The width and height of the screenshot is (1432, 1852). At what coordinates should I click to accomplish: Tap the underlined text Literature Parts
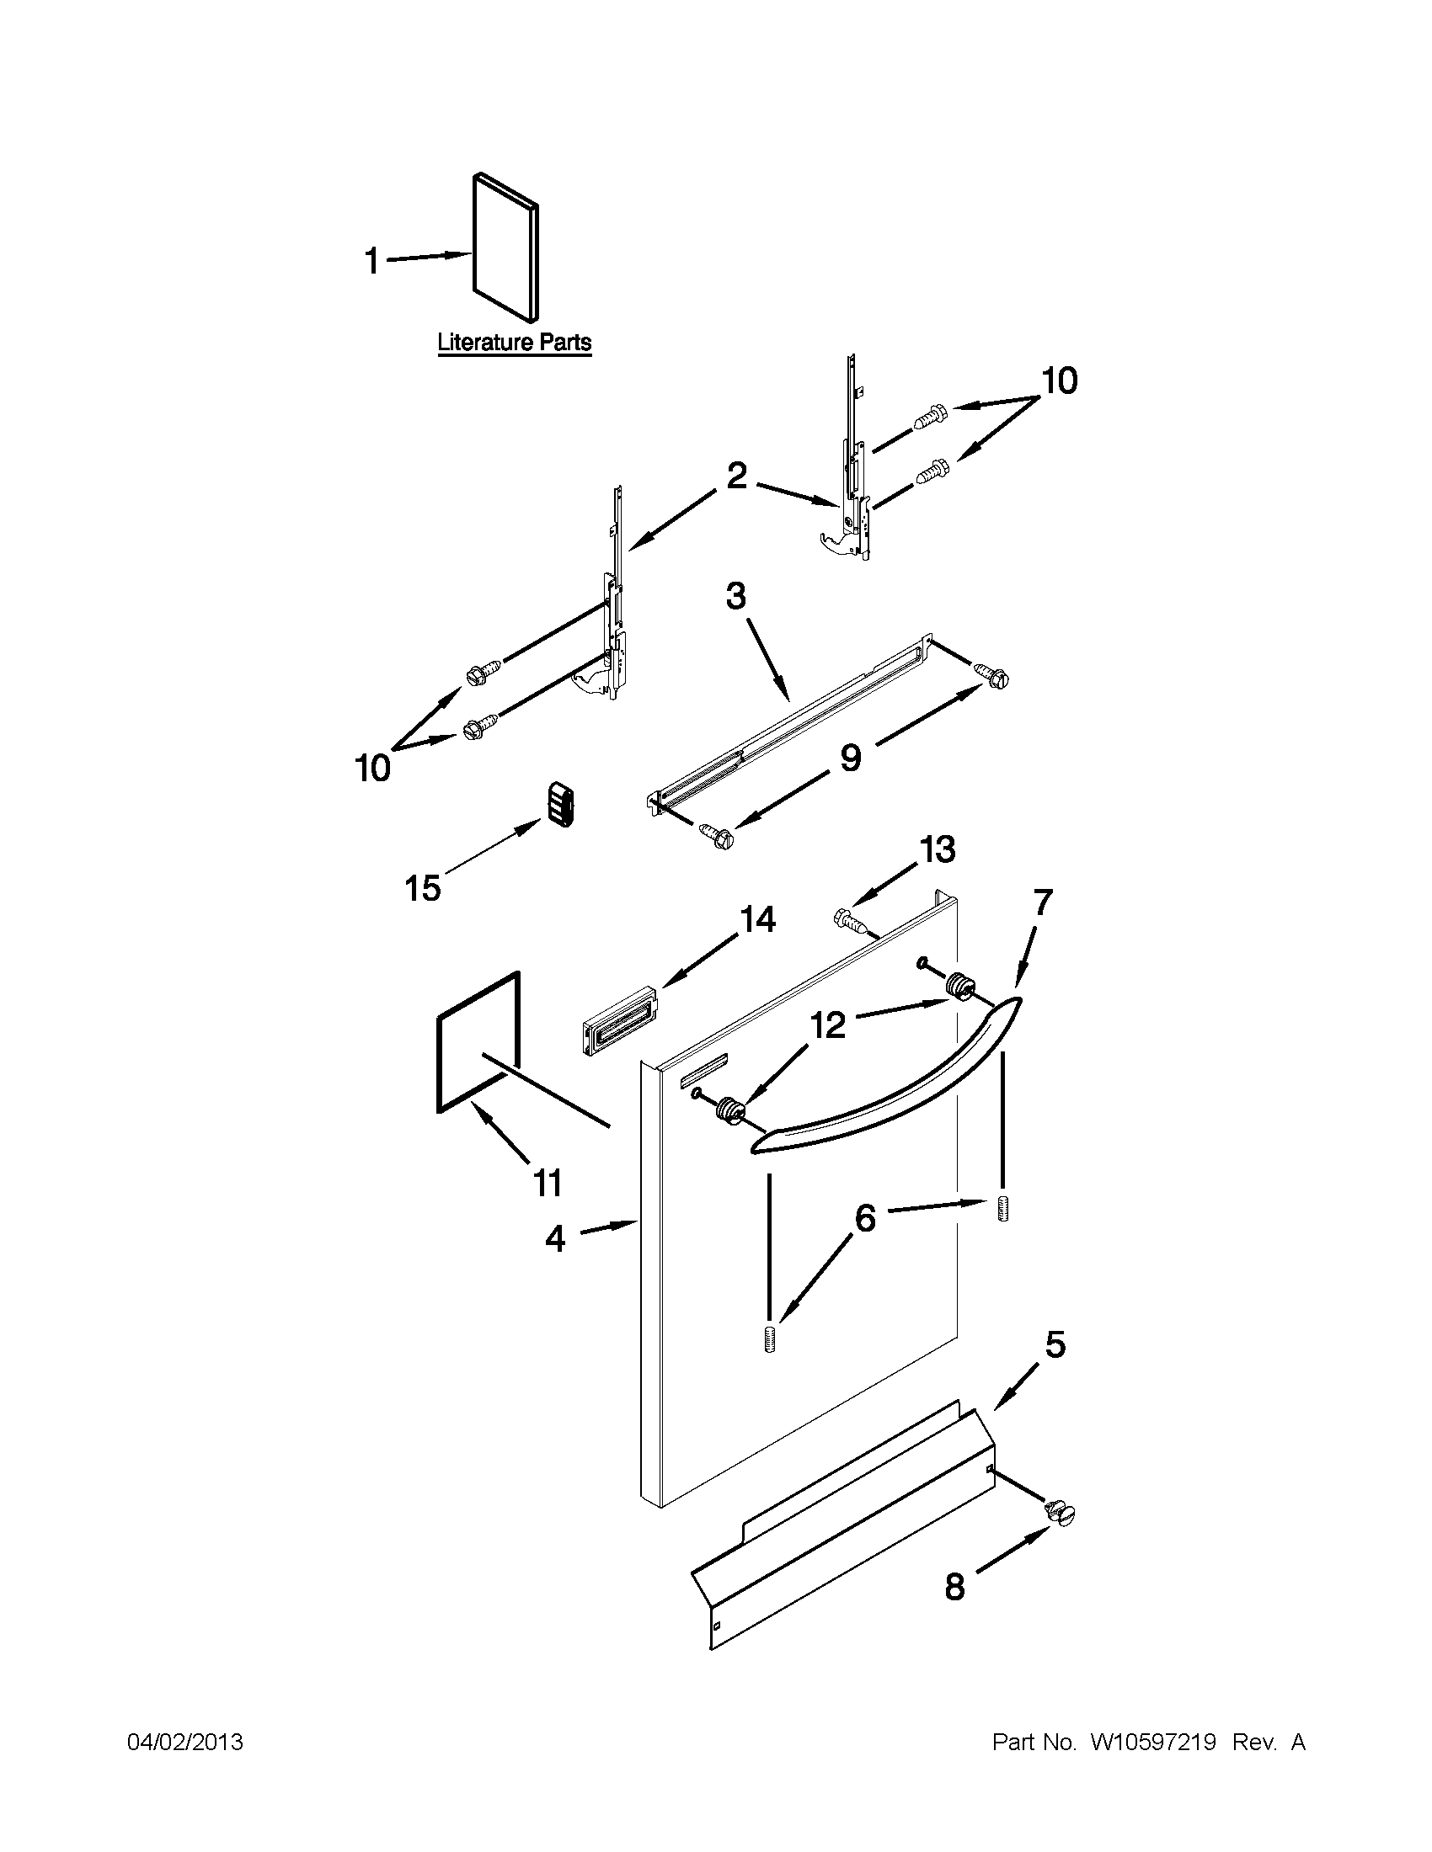(514, 343)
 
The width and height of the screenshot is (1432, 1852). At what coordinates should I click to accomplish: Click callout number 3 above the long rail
(735, 596)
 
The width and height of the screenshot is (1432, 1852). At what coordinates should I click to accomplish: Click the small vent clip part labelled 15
(560, 802)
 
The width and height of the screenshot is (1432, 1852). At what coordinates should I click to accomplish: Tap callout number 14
(757, 919)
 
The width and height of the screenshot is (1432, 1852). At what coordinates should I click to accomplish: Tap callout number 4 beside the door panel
(555, 1239)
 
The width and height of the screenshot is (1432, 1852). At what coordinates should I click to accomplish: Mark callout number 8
(955, 1587)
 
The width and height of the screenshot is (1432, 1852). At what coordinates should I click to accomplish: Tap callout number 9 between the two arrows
(850, 758)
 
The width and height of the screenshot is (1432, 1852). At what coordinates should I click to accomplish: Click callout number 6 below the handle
(864, 1219)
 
